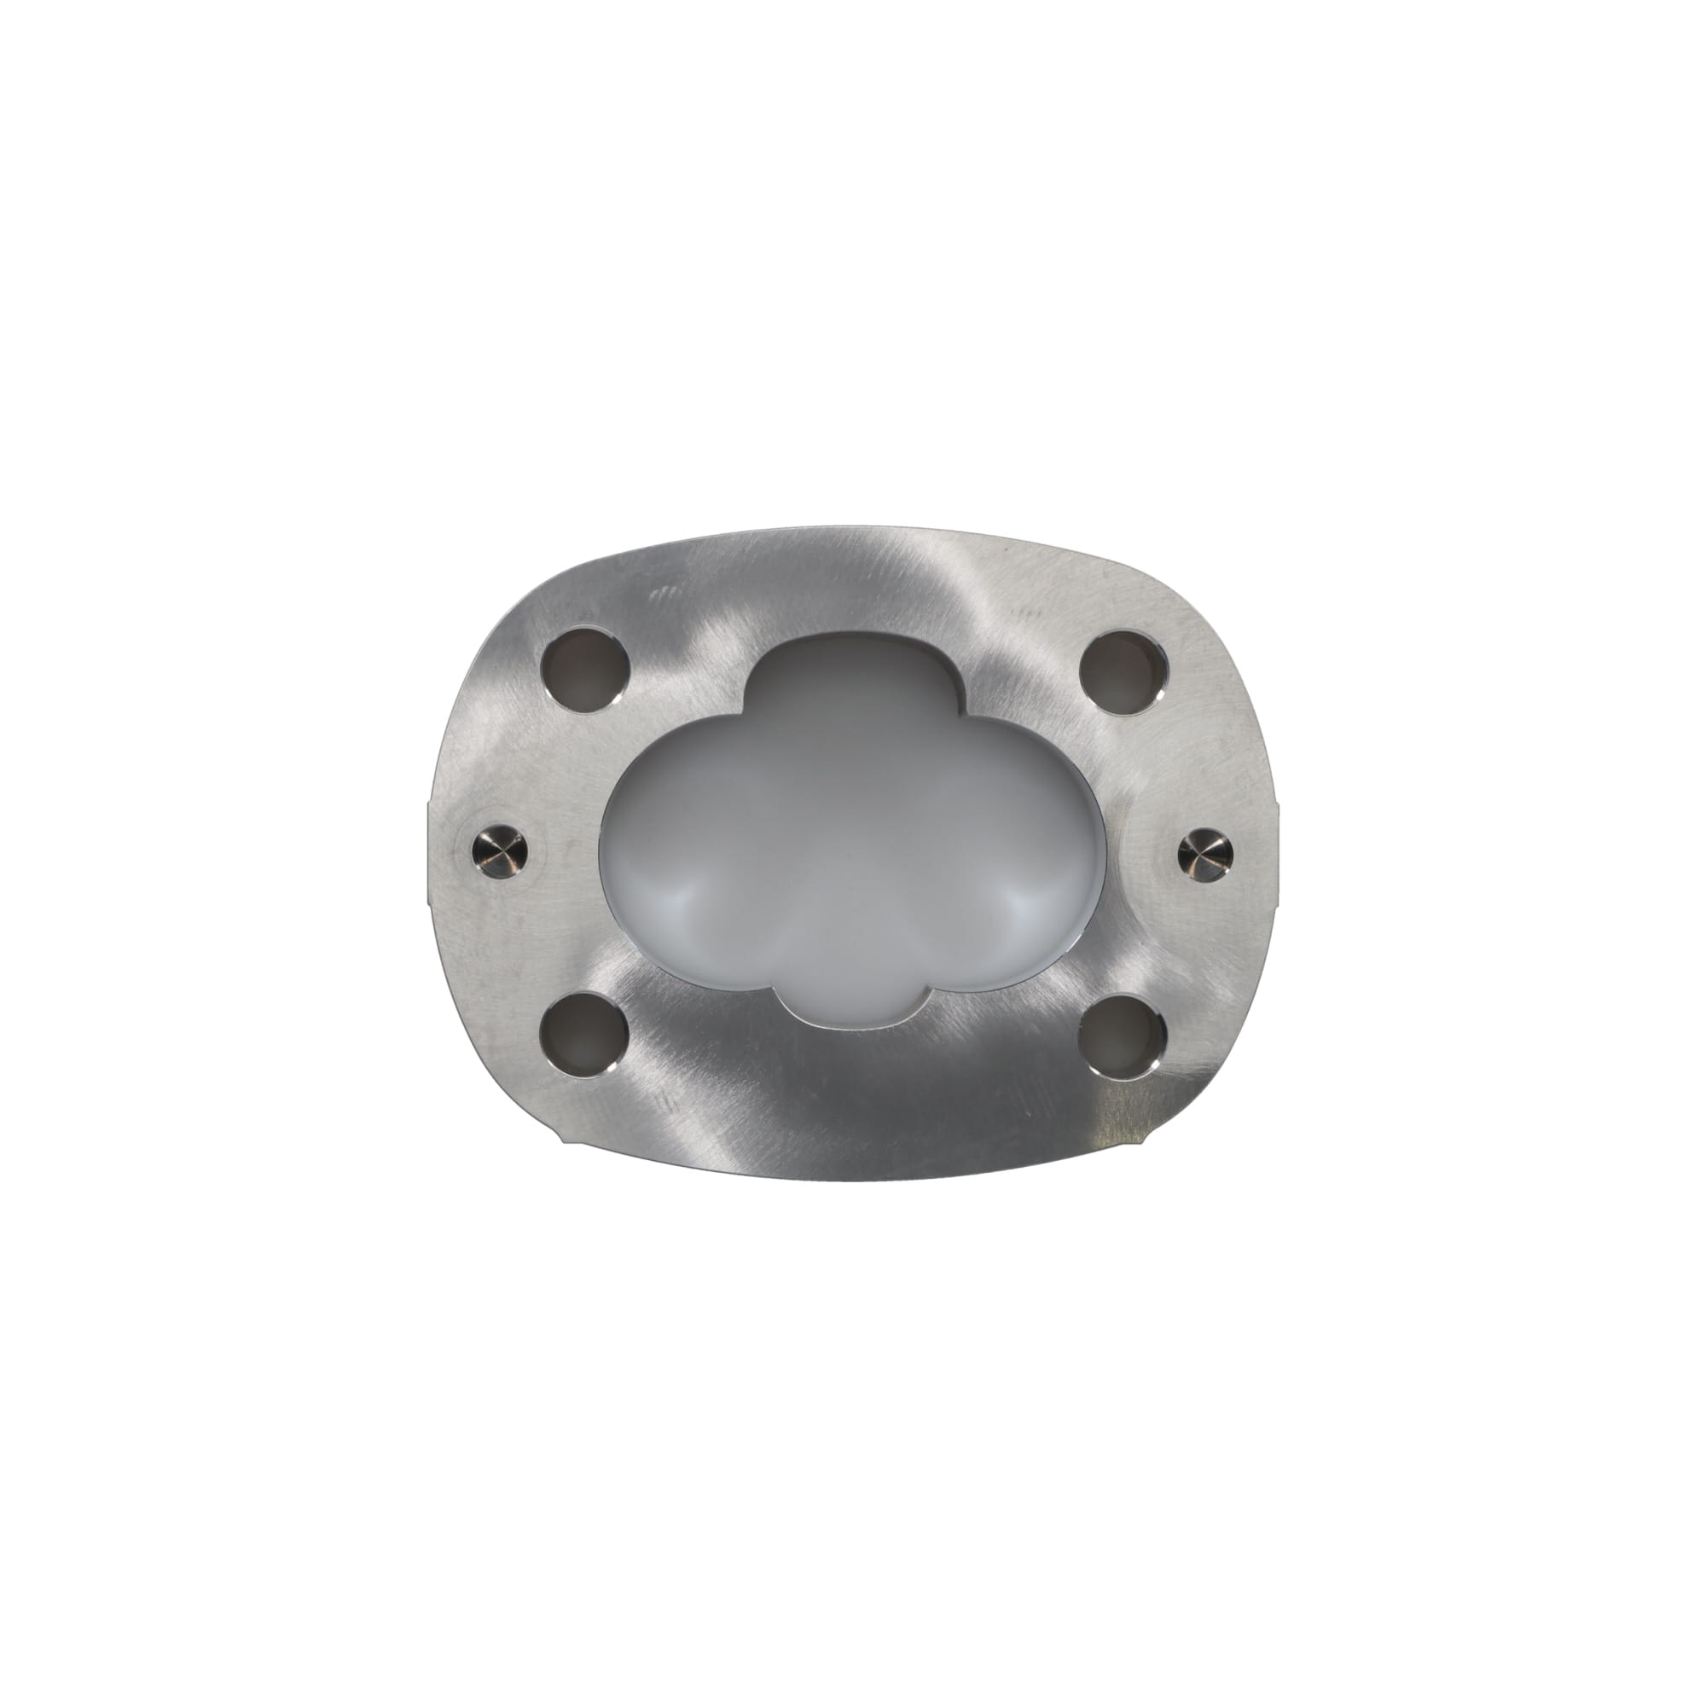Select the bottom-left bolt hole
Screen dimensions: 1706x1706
click(583, 1034)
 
